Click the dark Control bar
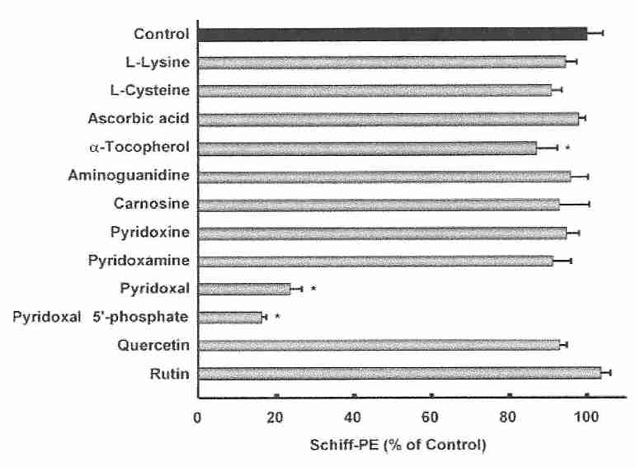pos(392,34)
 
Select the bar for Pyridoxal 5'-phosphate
pos(230,317)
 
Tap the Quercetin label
pos(156,346)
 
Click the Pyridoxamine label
pos(139,261)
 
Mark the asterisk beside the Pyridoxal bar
pos(314,290)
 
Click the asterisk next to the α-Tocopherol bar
pos(568,149)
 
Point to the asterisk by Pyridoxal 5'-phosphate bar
pos(277,318)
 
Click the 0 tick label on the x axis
pos(197,415)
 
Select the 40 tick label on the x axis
pos(354,415)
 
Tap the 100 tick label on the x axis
pos(587,415)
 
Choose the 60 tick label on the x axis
pos(431,415)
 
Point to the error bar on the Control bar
pos(595,34)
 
